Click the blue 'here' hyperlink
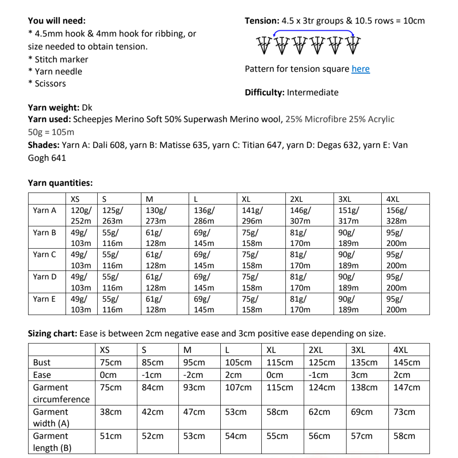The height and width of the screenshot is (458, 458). click(x=360, y=69)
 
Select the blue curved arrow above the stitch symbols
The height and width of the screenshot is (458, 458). click(x=314, y=31)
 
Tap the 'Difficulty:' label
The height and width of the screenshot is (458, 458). click(x=264, y=93)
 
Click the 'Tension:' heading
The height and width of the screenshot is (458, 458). click(x=262, y=21)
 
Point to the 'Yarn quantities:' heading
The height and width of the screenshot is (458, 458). click(x=60, y=183)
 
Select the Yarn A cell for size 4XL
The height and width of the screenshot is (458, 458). click(x=397, y=216)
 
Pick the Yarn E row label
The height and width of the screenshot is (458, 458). click(x=44, y=299)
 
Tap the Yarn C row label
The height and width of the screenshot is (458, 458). click(x=44, y=254)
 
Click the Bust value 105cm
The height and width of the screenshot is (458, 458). click(x=238, y=363)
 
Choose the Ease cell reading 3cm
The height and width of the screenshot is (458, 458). click(x=359, y=375)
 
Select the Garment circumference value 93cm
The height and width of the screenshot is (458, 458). click(x=194, y=388)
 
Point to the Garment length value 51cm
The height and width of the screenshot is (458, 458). click(x=111, y=436)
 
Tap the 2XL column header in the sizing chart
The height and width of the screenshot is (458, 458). click(x=316, y=350)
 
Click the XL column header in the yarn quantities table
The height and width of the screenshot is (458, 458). click(x=246, y=199)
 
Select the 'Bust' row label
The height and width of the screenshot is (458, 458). click(x=42, y=363)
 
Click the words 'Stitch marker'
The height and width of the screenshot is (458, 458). click(x=62, y=60)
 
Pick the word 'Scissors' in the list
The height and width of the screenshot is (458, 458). click(x=50, y=84)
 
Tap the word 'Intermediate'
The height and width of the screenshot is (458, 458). click(x=313, y=93)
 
